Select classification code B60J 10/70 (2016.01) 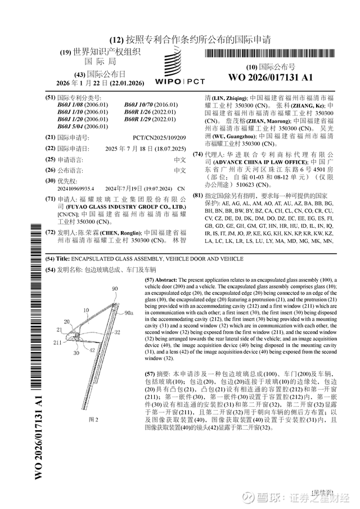151,105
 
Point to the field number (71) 50,199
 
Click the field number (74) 198,154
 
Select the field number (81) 198,195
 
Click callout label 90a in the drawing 129,313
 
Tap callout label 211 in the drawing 58,341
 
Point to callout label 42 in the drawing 91,350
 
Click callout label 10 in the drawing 86,310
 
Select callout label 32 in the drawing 118,333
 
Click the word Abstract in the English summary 166,280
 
